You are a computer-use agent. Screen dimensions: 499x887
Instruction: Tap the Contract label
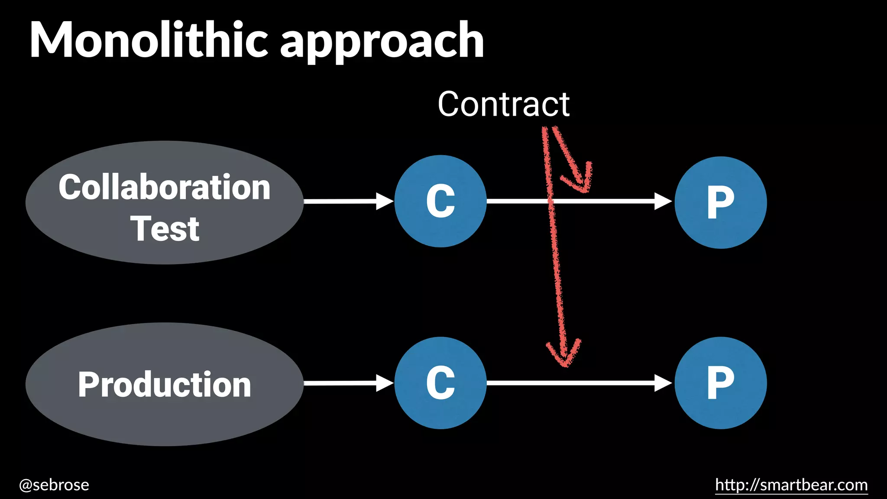(x=503, y=104)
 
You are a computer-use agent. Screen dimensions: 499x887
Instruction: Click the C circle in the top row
(x=440, y=201)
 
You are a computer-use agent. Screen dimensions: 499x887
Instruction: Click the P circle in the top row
(x=721, y=202)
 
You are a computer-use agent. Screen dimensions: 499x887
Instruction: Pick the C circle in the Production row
(x=440, y=383)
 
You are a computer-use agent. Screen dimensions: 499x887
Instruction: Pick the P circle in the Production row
(x=721, y=383)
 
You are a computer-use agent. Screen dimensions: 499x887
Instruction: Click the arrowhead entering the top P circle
(x=663, y=201)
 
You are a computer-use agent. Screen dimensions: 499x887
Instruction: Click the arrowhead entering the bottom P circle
(x=663, y=383)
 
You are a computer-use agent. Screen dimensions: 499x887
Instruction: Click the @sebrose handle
(x=54, y=485)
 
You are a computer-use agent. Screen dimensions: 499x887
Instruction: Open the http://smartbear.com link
(x=791, y=485)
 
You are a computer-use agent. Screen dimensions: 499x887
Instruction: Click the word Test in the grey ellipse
(x=165, y=229)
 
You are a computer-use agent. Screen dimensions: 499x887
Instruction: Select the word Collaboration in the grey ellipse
(x=165, y=187)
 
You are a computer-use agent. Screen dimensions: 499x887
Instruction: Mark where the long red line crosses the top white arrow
(x=551, y=201)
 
